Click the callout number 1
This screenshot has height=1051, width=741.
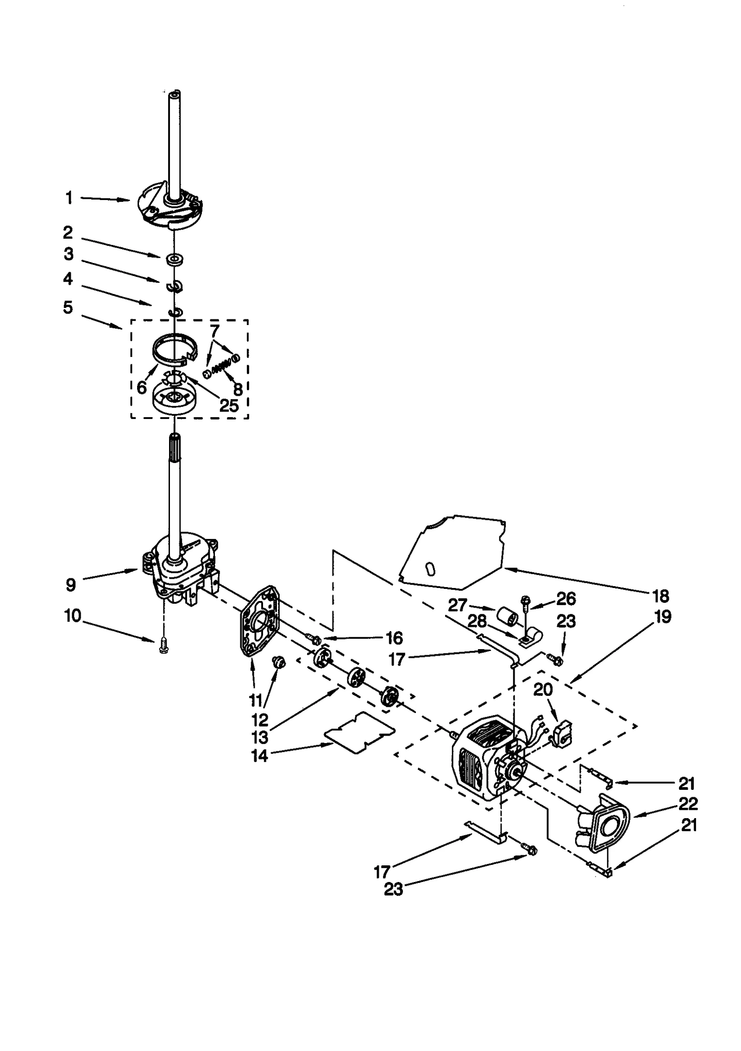[69, 198]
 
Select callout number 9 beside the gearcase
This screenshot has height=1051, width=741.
[70, 585]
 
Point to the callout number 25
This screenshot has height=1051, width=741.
[228, 406]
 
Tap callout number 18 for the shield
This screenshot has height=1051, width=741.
[660, 596]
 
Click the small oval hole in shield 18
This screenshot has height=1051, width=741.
[431, 568]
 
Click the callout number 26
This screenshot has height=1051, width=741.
[566, 599]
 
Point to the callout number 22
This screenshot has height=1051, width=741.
[687, 804]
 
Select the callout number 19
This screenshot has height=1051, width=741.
[663, 617]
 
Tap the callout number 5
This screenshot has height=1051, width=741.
[68, 307]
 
